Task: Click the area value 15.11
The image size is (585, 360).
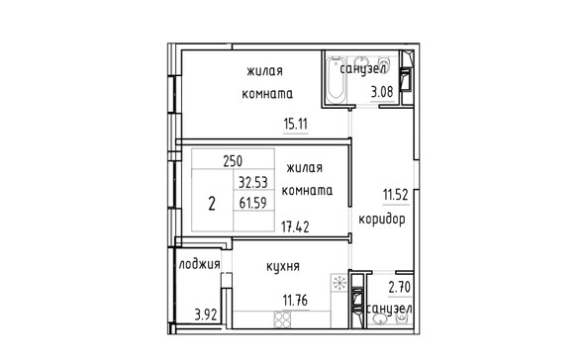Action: click(x=296, y=124)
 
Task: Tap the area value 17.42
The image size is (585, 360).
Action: click(x=295, y=226)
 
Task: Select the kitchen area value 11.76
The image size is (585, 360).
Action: click(x=296, y=300)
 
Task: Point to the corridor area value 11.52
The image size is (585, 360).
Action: click(x=396, y=195)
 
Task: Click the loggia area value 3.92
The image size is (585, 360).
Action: click(x=206, y=315)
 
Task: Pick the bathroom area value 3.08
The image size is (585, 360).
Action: click(x=382, y=92)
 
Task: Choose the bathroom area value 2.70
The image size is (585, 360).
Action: click(x=399, y=288)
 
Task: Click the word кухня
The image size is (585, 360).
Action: click(x=283, y=266)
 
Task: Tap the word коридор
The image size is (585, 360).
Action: click(x=382, y=220)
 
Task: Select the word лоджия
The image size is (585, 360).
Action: click(x=200, y=265)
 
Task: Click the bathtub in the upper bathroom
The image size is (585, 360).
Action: click(x=336, y=79)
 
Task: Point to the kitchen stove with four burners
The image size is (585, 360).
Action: click(x=282, y=319)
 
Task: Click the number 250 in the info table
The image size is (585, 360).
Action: click(x=233, y=161)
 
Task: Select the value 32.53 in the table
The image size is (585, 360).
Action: click(x=253, y=183)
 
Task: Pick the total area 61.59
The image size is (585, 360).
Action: click(x=253, y=203)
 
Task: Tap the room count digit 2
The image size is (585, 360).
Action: click(x=212, y=204)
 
